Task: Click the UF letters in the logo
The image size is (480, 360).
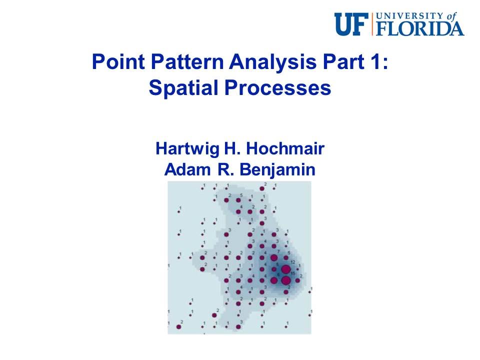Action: point(352,24)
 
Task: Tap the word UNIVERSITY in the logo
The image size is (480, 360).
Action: point(409,16)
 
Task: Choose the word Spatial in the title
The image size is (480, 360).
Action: point(182,88)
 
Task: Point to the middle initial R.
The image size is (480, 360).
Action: point(219,169)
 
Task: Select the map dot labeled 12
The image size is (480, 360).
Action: point(286,269)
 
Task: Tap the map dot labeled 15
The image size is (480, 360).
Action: point(285,280)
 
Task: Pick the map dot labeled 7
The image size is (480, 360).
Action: point(274,257)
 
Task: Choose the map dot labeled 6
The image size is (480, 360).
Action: point(274,280)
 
